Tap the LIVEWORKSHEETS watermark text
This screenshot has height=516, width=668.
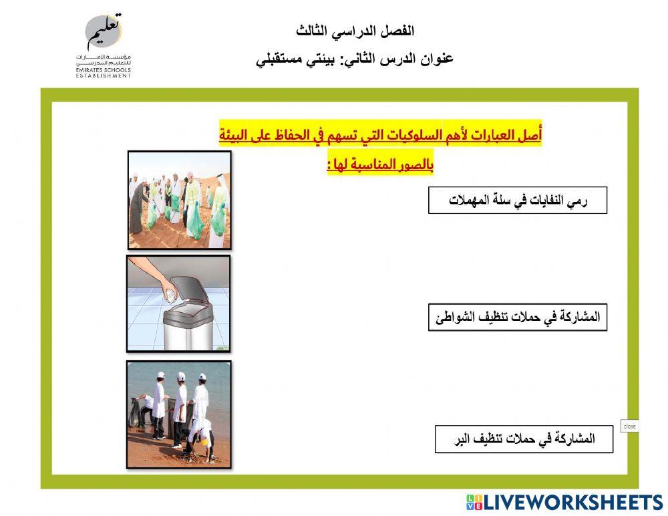click(564, 503)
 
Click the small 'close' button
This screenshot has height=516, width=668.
click(629, 426)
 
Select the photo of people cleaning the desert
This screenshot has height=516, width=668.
click(179, 200)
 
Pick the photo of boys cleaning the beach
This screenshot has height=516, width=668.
click(178, 414)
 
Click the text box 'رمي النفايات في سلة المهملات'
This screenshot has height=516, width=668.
click(517, 201)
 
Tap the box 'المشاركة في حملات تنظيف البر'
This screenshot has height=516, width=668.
click(524, 439)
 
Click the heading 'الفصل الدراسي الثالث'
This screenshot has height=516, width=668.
click(355, 31)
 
